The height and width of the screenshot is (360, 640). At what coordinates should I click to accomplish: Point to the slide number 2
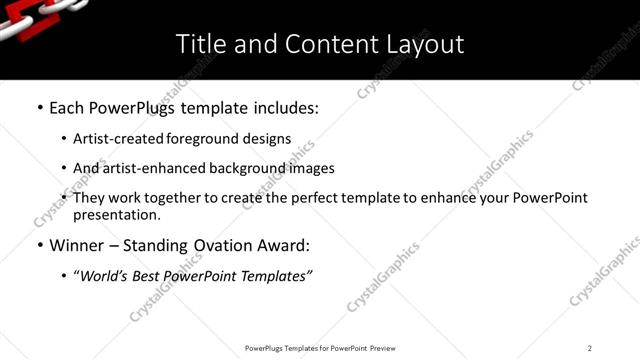590,348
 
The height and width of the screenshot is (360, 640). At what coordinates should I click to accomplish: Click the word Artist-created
114,139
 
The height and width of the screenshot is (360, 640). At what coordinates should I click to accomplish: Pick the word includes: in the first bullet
279,106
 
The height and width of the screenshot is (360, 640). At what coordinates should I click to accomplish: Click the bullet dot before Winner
39,246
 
